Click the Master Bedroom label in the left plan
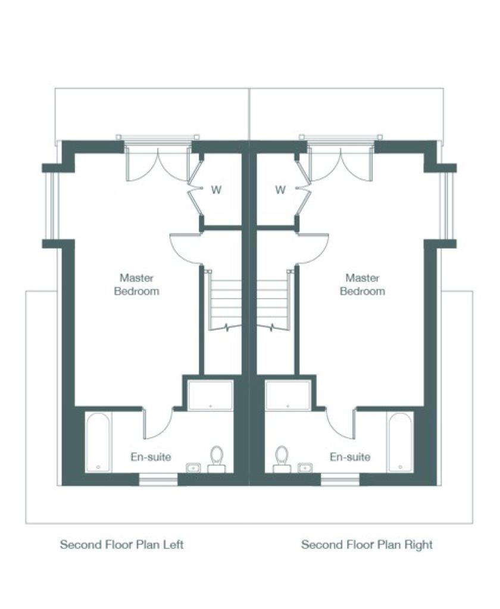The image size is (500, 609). pos(136,285)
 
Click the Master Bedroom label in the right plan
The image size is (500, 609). pos(362,285)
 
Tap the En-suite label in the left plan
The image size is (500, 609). pos(151,457)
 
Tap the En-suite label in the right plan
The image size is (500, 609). pos(350,457)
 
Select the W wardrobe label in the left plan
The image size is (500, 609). pos(216,190)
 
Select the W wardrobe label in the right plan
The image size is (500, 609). pos(280,190)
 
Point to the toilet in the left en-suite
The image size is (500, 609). pos(217,459)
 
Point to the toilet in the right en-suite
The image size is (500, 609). pos(282,459)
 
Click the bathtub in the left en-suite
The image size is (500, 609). pos(98,442)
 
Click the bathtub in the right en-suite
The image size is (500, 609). pos(401,442)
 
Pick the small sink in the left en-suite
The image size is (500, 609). pos(193,467)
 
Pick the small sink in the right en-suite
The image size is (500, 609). pos(305,467)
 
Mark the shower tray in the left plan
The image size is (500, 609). pos(210,395)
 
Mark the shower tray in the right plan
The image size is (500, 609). pos(288,395)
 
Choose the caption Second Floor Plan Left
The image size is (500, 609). pos(121,545)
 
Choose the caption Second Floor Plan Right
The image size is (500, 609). pos(367,545)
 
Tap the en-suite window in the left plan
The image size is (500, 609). pos(158,480)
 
